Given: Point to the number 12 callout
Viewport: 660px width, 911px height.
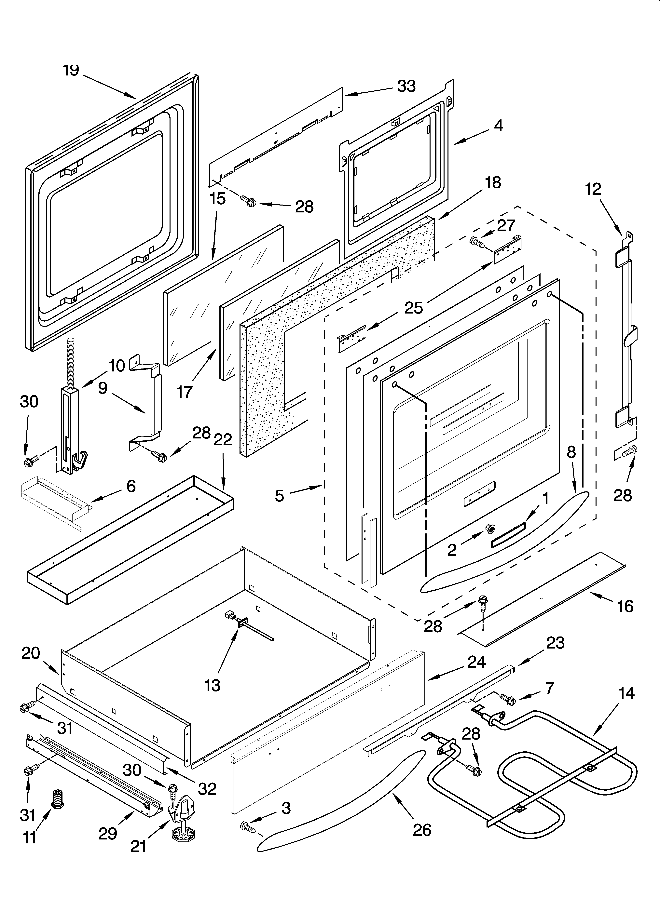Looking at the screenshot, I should pyautogui.click(x=593, y=189).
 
